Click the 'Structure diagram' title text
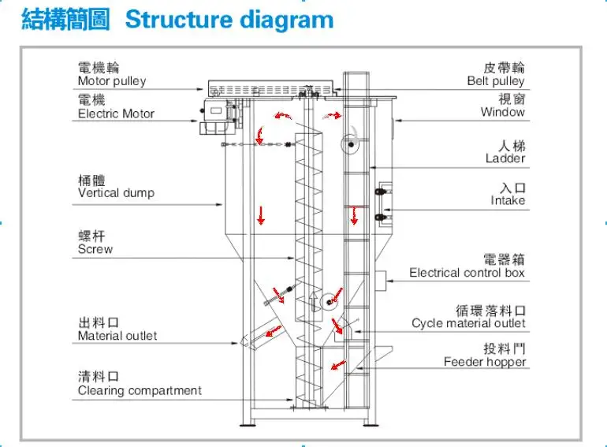229,20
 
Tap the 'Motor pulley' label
112,81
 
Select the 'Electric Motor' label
116,114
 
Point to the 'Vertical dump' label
116,192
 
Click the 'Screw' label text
95,249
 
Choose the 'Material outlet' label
117,336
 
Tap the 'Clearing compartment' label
140,390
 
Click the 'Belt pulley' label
496,81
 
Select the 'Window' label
503,112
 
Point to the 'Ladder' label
505,158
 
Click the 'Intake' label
508,200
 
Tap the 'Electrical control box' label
467,273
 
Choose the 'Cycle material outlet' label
468,323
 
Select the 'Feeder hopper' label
485,362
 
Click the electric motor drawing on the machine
217,116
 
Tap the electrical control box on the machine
381,281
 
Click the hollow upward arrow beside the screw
314,301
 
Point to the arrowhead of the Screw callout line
292,258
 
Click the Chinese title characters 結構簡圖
65,20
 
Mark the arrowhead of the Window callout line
398,121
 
